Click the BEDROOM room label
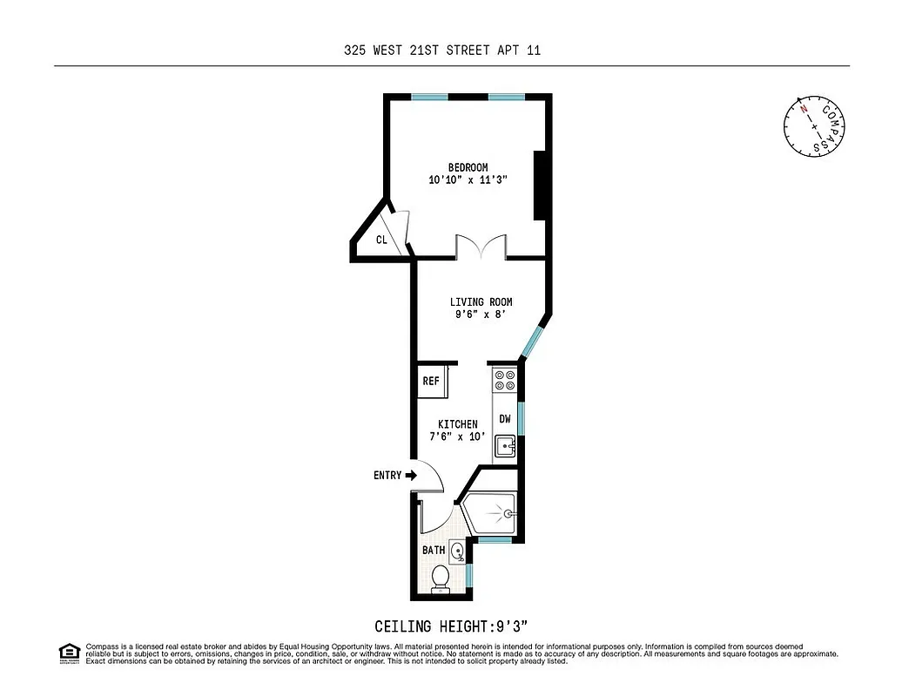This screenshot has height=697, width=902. pos(468,167)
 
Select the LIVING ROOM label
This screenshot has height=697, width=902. pos(481,302)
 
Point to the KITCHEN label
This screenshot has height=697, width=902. pos(457,424)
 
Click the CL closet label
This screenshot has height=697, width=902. pos(381,240)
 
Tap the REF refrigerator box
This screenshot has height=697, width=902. pos(431,381)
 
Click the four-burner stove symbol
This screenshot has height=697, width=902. pos(505,381)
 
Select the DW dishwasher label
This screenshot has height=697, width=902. pos(505,419)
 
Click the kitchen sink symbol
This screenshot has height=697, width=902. pos(506,447)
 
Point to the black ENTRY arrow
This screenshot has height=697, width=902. pos(412,475)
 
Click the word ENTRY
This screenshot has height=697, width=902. pos(387,476)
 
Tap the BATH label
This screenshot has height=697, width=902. pos(434,550)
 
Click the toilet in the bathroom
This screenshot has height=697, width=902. pos(441,578)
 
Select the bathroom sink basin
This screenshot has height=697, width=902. pos(459,550)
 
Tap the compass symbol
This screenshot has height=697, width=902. pos(814,125)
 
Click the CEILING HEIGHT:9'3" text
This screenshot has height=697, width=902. pos(451,626)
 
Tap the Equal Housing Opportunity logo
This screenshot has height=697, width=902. pos(68,653)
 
